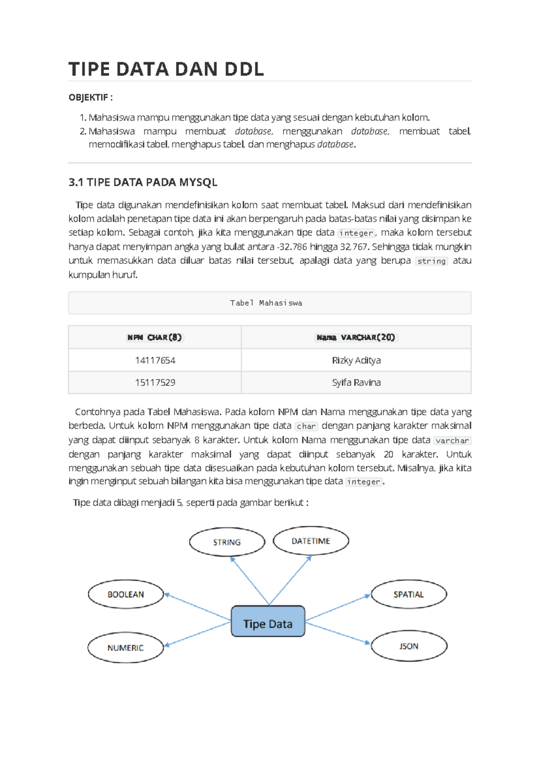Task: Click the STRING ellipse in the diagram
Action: pyautogui.click(x=227, y=542)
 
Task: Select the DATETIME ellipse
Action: pyautogui.click(x=311, y=541)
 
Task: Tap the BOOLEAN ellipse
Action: pyautogui.click(x=126, y=594)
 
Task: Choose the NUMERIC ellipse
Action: pyautogui.click(x=125, y=648)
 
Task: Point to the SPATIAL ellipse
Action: pyautogui.click(x=409, y=594)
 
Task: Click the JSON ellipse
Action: pyautogui.click(x=409, y=646)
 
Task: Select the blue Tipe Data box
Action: pyautogui.click(x=268, y=621)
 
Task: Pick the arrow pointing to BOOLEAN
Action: pyautogui.click(x=198, y=607)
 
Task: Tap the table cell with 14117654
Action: pyautogui.click(x=155, y=360)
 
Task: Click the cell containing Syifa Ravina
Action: pyautogui.click(x=356, y=382)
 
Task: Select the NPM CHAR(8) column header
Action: pyautogui.click(x=155, y=337)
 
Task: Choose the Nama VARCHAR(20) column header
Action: pyautogui.click(x=356, y=337)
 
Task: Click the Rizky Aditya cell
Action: pyautogui.click(x=356, y=360)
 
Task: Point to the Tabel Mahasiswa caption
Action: pyautogui.click(x=266, y=303)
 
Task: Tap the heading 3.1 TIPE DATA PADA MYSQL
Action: pyautogui.click(x=143, y=182)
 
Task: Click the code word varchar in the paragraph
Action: pyautogui.click(x=452, y=440)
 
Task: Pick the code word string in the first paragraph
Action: pyautogui.click(x=431, y=261)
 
